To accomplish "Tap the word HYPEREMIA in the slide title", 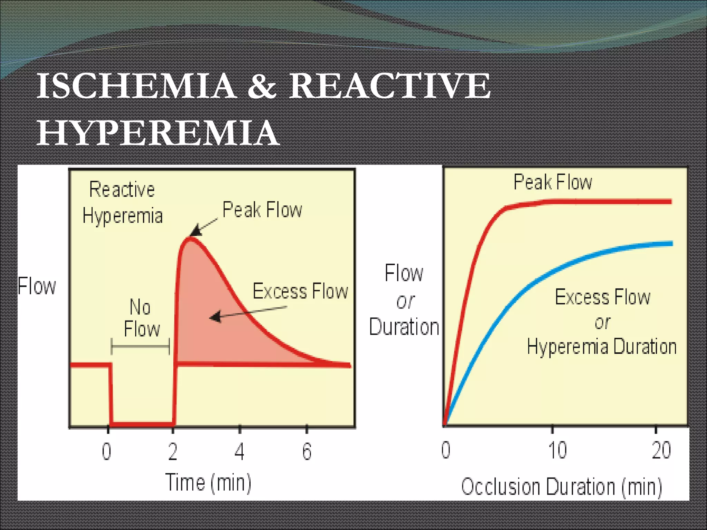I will point(158,133).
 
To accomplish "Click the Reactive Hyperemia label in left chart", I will point(122,203).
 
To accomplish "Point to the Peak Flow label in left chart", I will point(262,209).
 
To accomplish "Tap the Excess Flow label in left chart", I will point(300,291).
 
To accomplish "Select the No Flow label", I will point(141,318).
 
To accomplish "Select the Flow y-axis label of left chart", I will point(37,286).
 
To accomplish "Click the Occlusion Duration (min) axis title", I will point(561,487).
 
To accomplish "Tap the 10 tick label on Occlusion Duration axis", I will point(557,450).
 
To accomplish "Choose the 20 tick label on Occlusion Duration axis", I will point(661,450).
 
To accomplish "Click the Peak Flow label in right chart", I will point(553,182).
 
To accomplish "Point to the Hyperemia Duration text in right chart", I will point(601,346).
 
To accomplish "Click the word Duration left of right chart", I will point(404,326).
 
